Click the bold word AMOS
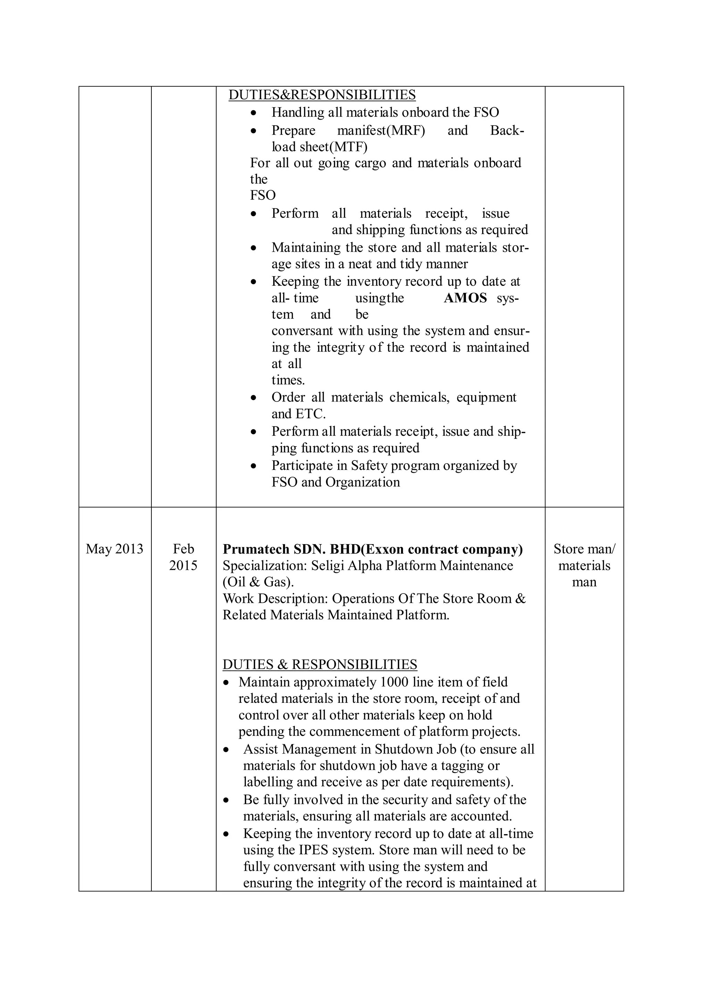[465, 298]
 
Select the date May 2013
[114, 549]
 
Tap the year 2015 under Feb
[183, 566]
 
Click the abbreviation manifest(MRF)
[381, 131]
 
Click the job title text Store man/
[584, 549]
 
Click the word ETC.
[312, 414]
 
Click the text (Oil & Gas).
[258, 582]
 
